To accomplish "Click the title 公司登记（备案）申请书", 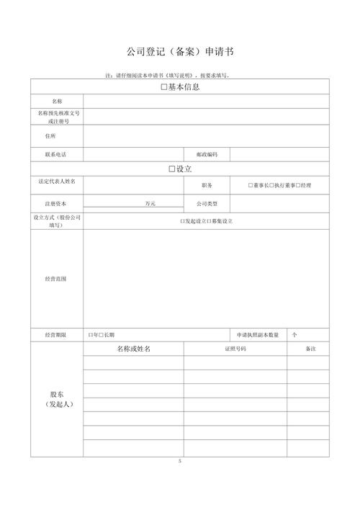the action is point(180,52).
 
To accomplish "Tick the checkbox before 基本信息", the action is point(164,87).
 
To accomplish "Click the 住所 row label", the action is point(50,136).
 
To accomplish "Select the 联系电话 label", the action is point(56,154).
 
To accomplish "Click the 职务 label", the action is point(207,186).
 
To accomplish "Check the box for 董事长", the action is point(251,186).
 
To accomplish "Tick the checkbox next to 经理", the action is point(298,186).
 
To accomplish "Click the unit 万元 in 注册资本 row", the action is point(150,204).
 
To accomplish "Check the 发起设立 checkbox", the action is point(182,221).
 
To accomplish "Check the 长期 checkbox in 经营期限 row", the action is point(102,335).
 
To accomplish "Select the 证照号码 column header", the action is point(235,349).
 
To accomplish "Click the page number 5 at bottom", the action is point(180,460).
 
